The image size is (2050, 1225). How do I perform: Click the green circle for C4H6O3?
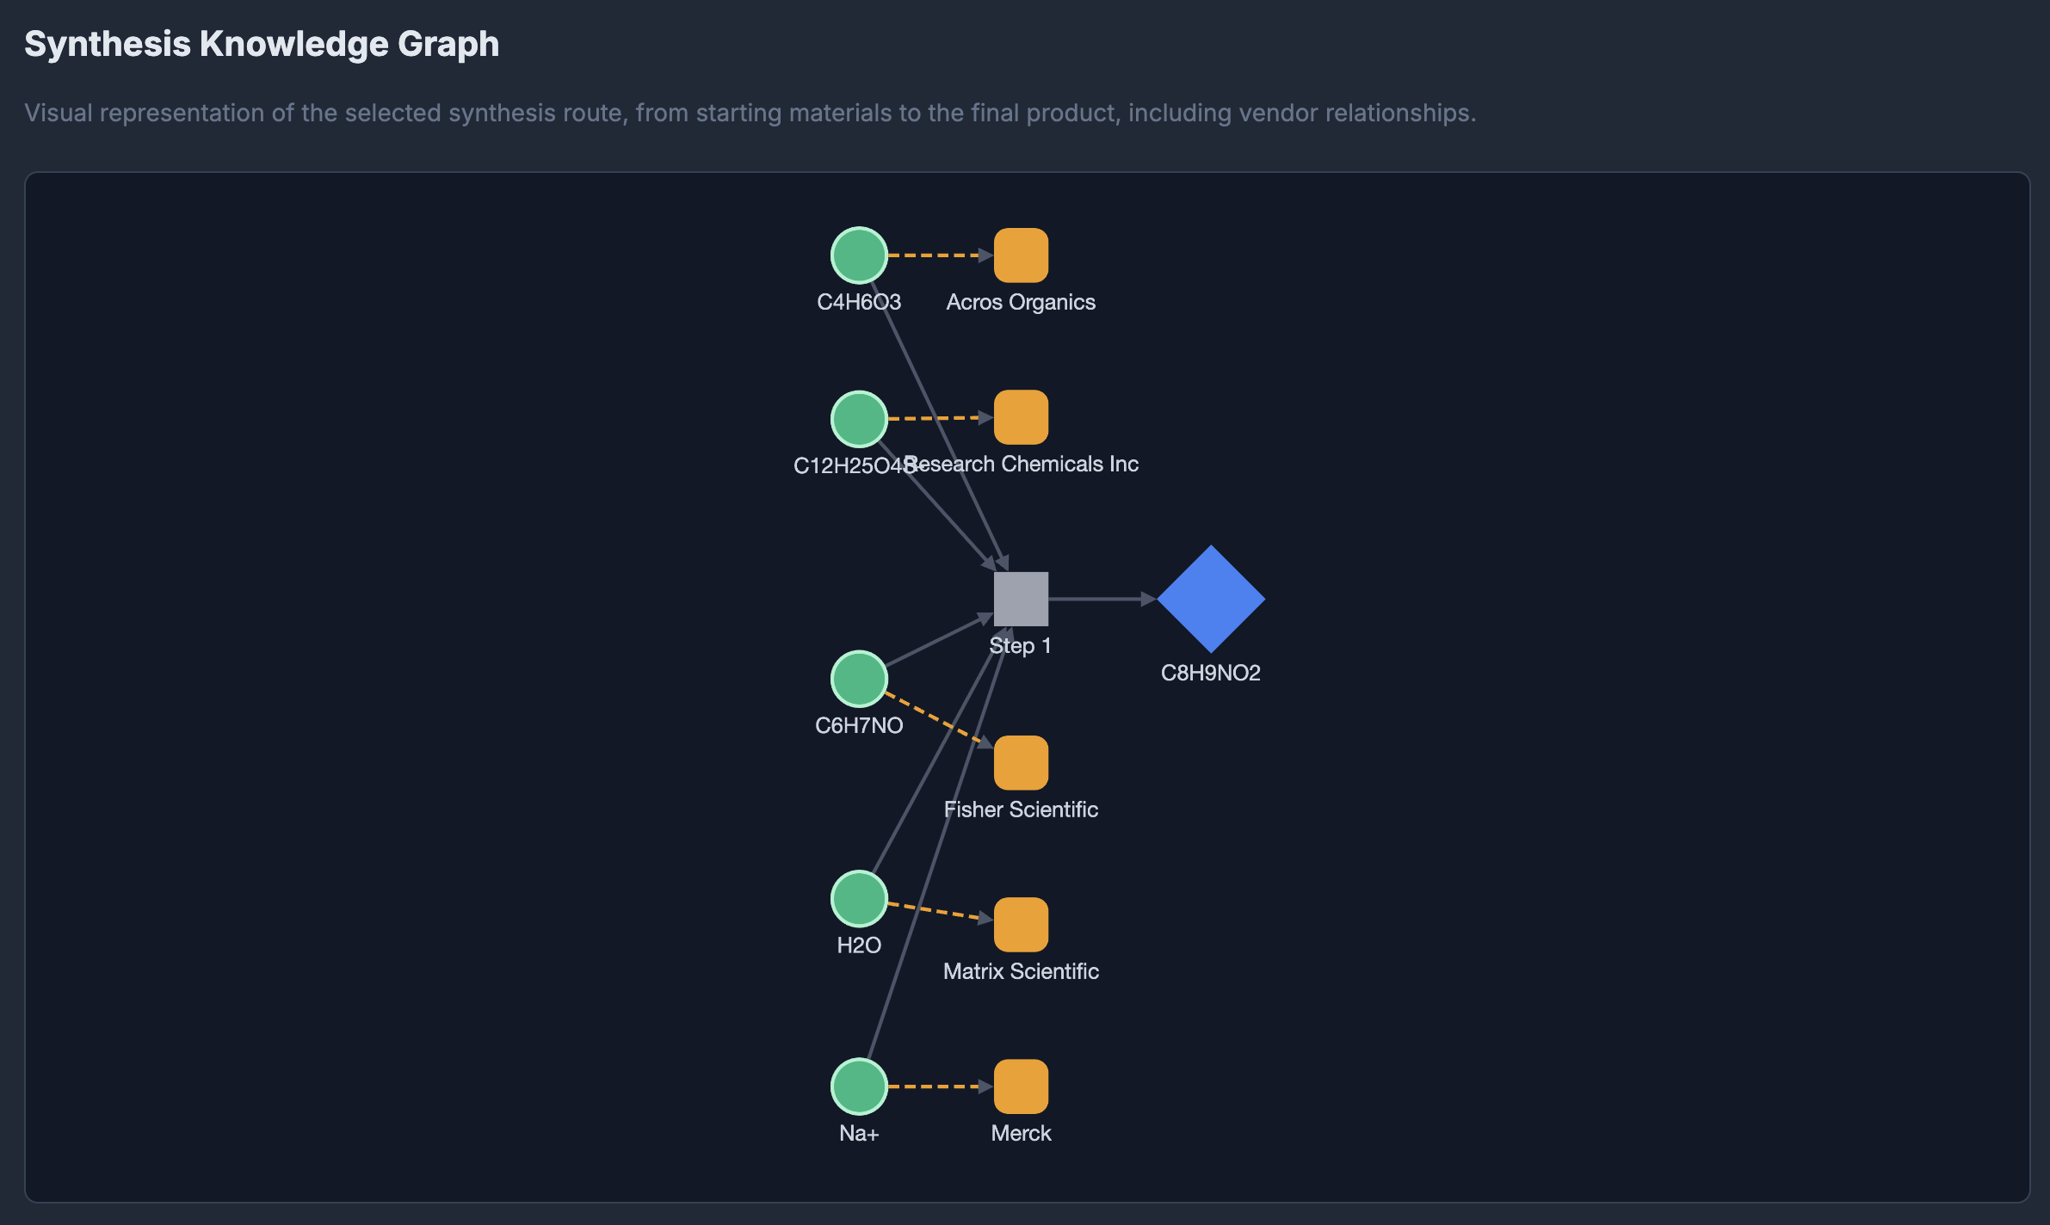(x=859, y=255)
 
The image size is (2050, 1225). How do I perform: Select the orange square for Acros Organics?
(x=1021, y=255)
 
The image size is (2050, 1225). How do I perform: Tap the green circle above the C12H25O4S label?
(x=859, y=419)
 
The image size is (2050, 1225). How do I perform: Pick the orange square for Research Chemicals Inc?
(x=1021, y=417)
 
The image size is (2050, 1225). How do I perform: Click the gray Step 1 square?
(x=1021, y=599)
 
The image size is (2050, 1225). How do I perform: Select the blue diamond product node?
(x=1211, y=599)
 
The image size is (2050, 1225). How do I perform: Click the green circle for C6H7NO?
(x=859, y=679)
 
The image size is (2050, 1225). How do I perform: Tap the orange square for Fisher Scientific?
(x=1021, y=763)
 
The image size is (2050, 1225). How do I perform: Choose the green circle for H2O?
(x=859, y=898)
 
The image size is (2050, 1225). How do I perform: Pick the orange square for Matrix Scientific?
(x=1021, y=925)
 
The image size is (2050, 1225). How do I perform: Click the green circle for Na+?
(x=859, y=1086)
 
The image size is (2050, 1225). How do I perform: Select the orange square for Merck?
(x=1021, y=1086)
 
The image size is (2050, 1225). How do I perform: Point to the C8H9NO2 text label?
(x=1210, y=673)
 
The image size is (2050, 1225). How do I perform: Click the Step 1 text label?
(x=1020, y=646)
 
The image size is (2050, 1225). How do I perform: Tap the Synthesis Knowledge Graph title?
(x=262, y=44)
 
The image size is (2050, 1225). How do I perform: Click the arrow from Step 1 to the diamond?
(x=1102, y=599)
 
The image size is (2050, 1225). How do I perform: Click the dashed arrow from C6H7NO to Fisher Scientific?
(x=938, y=720)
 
